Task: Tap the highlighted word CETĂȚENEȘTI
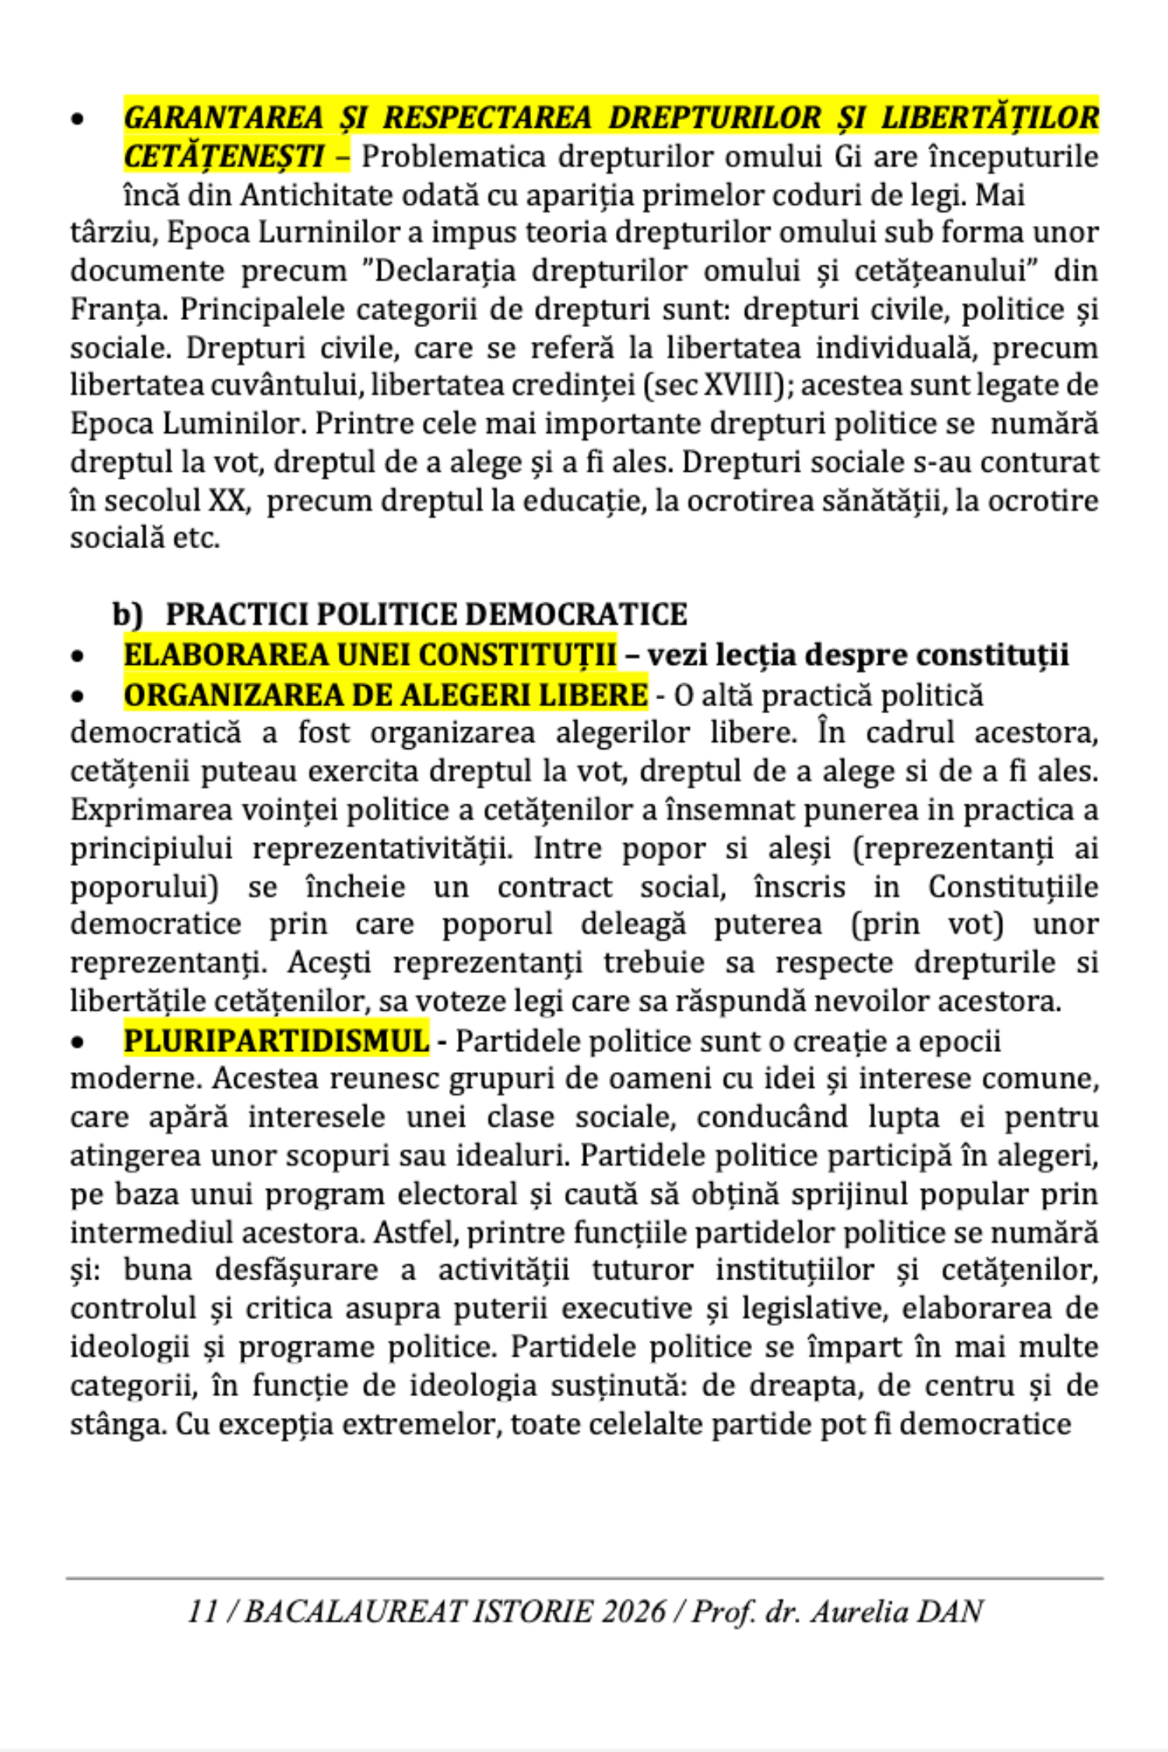223,157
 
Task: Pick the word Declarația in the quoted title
445,271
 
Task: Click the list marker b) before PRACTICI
128,614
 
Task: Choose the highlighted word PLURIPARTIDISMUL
276,1041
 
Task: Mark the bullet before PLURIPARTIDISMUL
77,1043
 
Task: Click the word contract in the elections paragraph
554,887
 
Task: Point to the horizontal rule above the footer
584,1578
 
